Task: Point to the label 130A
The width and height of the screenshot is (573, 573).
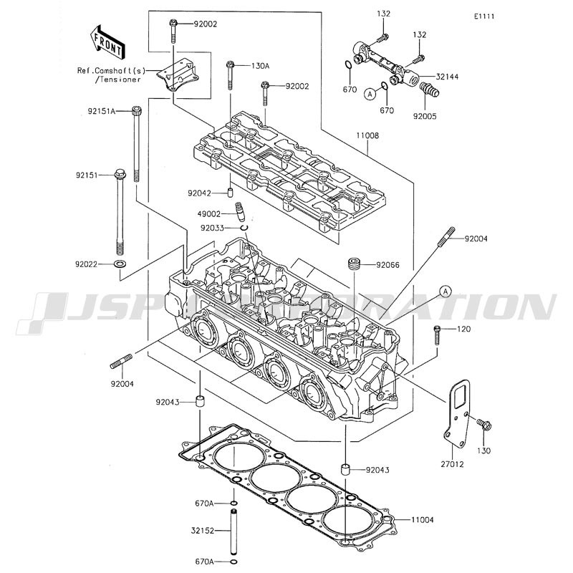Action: point(260,65)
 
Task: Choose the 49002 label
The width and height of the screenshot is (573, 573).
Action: point(210,213)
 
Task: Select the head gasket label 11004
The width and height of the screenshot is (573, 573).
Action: point(422,519)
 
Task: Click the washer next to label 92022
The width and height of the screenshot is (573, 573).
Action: point(120,265)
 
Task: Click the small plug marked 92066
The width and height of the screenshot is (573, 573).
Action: point(353,264)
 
